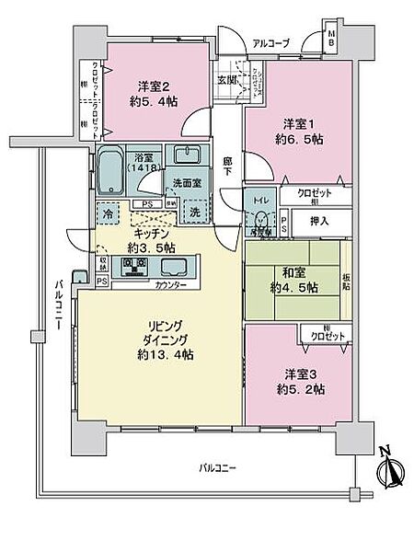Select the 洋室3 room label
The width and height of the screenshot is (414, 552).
[294, 375]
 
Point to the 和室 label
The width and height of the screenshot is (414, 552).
[294, 272]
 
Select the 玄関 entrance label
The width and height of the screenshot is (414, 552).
[227, 80]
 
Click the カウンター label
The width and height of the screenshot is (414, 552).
[170, 285]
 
